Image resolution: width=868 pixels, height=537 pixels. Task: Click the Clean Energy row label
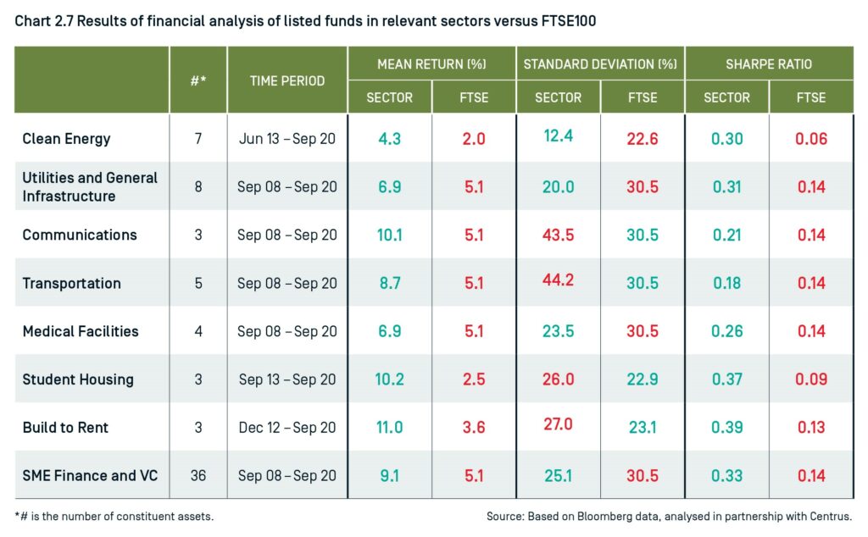click(x=66, y=138)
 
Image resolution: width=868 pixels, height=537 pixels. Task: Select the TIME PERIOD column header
click(x=287, y=81)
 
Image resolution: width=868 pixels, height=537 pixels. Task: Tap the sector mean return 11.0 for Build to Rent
click(x=389, y=428)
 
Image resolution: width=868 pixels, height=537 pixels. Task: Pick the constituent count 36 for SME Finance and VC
click(x=198, y=475)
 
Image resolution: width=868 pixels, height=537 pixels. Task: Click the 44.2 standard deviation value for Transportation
click(x=558, y=280)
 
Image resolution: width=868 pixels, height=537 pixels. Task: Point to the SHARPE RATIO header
click(x=768, y=64)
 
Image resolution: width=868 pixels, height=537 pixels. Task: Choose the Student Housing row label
click(x=78, y=379)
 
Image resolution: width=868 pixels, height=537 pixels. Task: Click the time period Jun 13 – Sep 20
click(x=287, y=138)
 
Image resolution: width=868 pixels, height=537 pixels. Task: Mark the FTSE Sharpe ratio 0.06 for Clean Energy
click(x=811, y=138)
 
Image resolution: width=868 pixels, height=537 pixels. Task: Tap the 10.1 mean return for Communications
click(x=389, y=235)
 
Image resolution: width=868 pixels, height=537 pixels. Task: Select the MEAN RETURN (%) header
click(x=431, y=64)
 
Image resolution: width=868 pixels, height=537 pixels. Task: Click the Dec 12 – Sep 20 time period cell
click(x=287, y=428)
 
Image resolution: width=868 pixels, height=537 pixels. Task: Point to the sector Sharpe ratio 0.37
click(x=726, y=379)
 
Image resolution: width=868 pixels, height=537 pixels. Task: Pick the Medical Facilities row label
click(x=81, y=331)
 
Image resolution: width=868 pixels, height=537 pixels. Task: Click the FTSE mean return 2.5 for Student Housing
click(x=474, y=379)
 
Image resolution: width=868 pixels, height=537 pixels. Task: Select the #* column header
click(x=198, y=81)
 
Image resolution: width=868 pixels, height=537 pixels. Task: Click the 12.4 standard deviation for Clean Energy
click(x=558, y=136)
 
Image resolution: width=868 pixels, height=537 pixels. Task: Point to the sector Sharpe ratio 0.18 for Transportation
click(x=726, y=283)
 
